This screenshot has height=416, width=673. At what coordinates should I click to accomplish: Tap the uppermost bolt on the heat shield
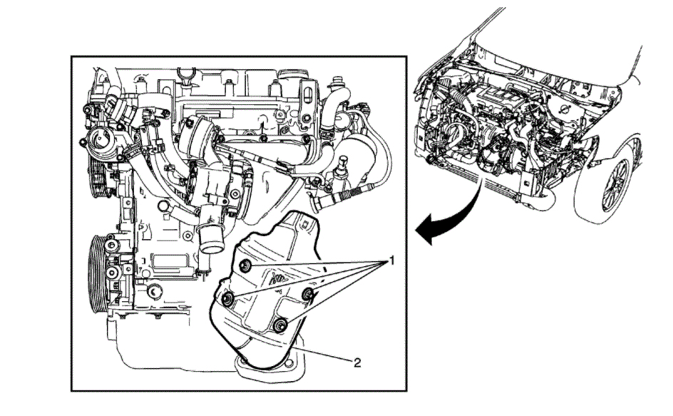[x=245, y=266]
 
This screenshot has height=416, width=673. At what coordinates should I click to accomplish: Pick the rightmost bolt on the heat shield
[x=309, y=295]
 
